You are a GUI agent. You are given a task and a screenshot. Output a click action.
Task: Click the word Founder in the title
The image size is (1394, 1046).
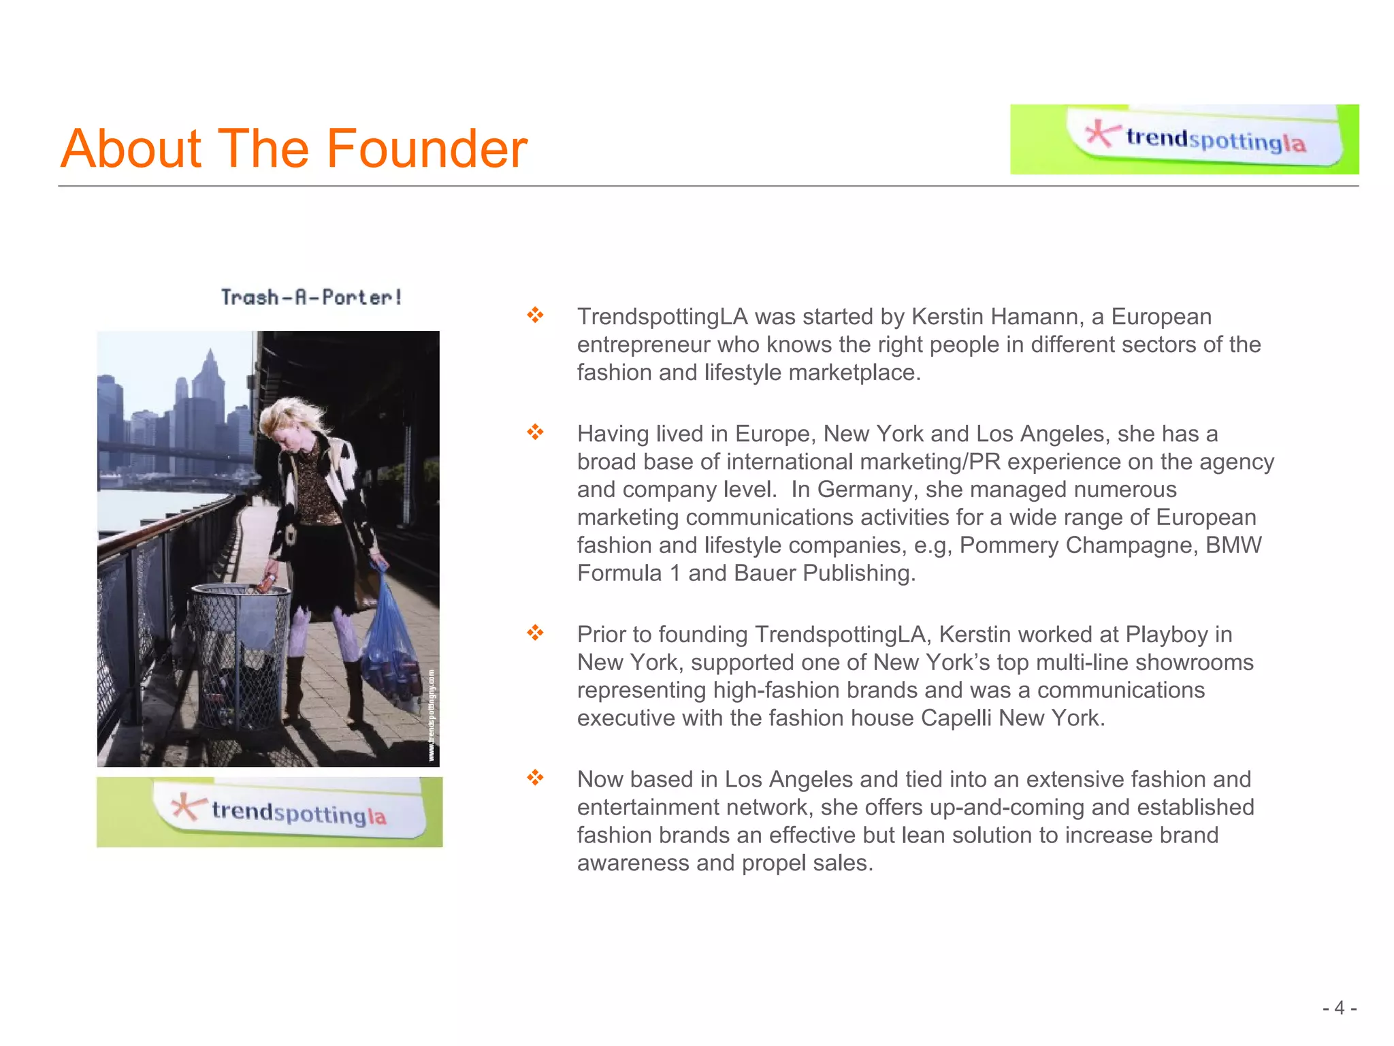click(427, 148)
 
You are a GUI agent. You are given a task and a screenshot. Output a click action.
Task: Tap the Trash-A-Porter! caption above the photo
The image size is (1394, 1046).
click(312, 298)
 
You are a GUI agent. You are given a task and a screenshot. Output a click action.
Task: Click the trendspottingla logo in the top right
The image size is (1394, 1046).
click(1184, 139)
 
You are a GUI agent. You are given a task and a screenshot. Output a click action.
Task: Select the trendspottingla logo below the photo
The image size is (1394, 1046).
click(270, 812)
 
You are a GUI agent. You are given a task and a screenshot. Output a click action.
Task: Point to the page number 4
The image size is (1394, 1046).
click(1339, 1008)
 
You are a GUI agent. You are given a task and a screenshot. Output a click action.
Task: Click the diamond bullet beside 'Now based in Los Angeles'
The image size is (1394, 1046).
click(535, 778)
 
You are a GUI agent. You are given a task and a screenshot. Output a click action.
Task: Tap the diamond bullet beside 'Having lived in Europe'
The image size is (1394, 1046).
click(535, 432)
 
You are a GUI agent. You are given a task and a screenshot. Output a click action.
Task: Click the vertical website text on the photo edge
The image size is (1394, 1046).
click(432, 715)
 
